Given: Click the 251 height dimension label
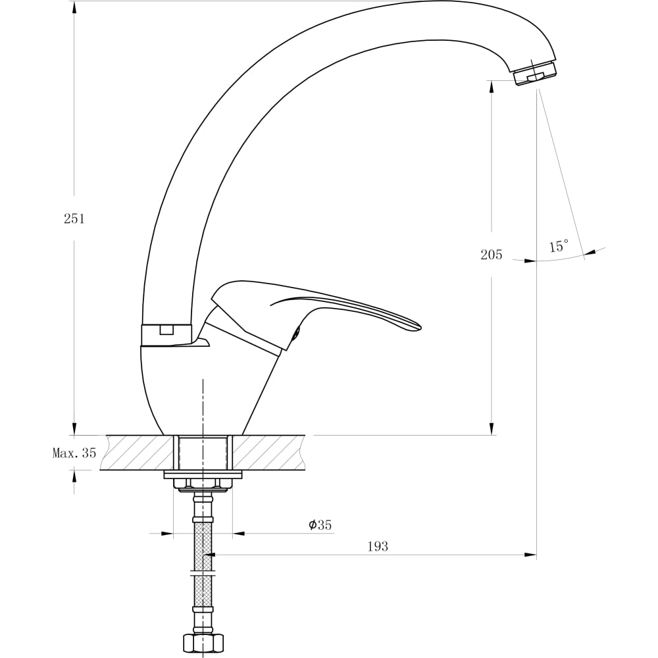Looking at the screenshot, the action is click(x=74, y=218).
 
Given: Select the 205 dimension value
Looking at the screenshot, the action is click(x=492, y=255).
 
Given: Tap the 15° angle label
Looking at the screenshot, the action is click(x=559, y=245).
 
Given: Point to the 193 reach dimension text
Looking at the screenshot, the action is click(x=378, y=546).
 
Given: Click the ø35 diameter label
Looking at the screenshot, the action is click(x=320, y=524).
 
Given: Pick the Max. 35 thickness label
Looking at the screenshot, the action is click(x=74, y=453).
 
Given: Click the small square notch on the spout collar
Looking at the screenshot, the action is click(x=166, y=331).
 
